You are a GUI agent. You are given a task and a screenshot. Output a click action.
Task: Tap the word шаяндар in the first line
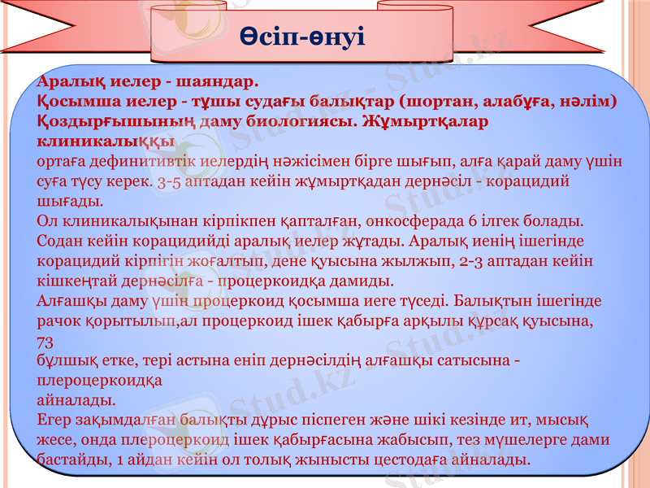tap(214, 81)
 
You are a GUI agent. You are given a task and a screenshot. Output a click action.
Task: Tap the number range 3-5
tap(169, 181)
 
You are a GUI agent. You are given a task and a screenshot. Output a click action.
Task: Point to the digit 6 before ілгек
tap(472, 220)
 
